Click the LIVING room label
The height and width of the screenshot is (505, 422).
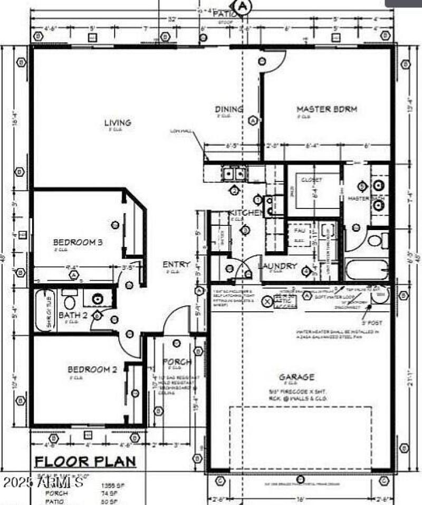(x=117, y=123)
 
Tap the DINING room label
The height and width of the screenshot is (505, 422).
(x=229, y=109)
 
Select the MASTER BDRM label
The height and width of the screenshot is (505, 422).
(x=327, y=109)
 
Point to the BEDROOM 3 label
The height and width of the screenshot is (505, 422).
(x=78, y=243)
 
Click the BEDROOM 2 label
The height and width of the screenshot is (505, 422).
(x=92, y=370)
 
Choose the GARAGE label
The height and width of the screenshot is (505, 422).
(x=296, y=377)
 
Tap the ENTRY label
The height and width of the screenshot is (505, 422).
(x=172, y=264)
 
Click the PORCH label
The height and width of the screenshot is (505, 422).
(x=177, y=362)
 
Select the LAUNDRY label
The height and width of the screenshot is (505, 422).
(x=277, y=266)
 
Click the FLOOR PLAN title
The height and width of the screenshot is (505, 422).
(x=85, y=462)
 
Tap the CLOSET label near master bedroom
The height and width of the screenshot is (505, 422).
(x=311, y=180)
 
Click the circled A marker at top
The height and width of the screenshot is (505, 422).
(x=242, y=6)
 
